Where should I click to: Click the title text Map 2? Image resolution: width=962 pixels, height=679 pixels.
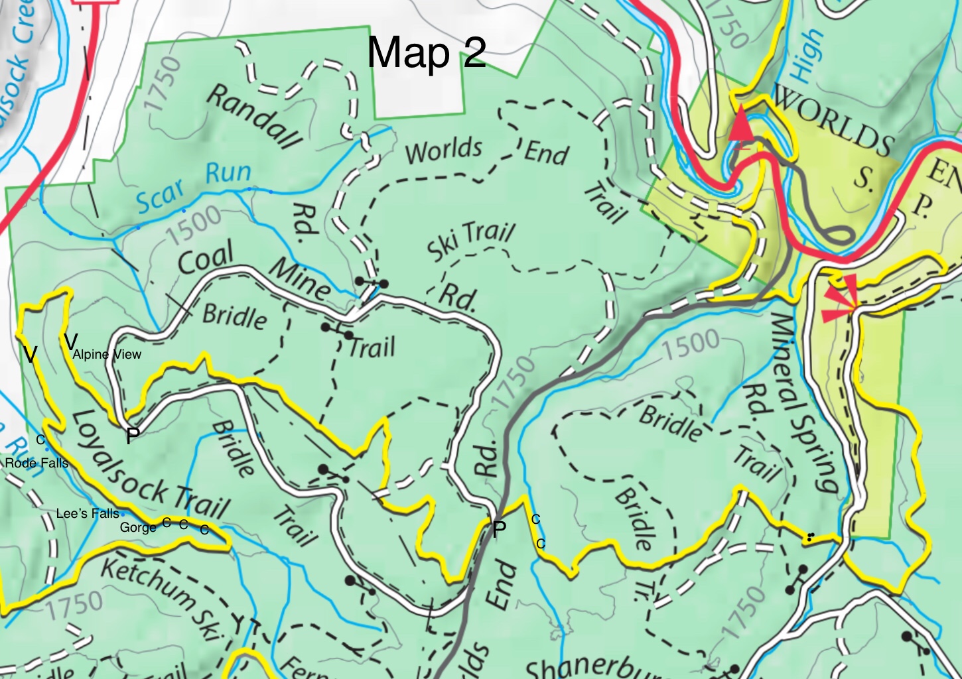point(427,52)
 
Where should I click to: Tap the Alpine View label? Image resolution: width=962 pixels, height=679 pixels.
point(107,354)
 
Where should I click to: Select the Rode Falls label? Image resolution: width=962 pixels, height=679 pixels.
point(36,463)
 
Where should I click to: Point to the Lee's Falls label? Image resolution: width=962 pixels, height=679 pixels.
point(88,513)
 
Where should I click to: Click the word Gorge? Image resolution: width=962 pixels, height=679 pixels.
point(138,527)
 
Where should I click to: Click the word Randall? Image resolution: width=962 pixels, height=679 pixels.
point(255,115)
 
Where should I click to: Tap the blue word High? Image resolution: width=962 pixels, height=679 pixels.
point(806,56)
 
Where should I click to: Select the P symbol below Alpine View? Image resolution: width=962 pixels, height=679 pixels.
point(133,436)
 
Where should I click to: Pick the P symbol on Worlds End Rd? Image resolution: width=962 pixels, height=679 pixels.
point(499,528)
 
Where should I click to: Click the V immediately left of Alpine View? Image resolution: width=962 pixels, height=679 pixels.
point(70,342)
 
